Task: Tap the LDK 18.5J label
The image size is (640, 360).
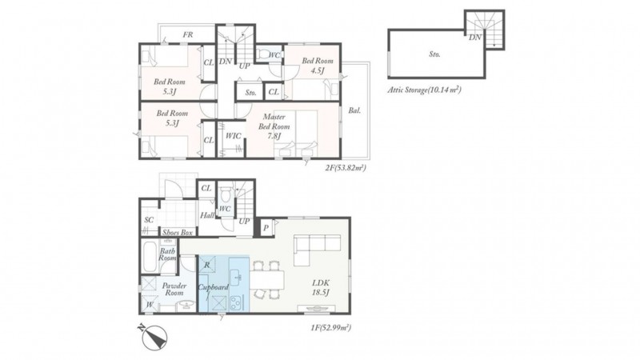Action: pos(321,287)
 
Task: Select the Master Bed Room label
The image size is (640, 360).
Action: pos(274,126)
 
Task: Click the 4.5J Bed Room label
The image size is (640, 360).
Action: pos(318,66)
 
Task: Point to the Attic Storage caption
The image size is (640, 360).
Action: pos(425,90)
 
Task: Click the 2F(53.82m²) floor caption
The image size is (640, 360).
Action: pos(346,167)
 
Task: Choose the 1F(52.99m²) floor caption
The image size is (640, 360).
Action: pos(330,327)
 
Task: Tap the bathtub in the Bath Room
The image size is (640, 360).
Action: pos(150,257)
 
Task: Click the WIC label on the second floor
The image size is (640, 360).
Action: pos(233,135)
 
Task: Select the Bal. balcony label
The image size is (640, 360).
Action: pos(354,110)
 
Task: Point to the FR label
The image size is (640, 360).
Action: pos(188,34)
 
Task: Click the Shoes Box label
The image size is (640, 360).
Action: pos(178,232)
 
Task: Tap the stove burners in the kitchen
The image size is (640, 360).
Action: pos(237,303)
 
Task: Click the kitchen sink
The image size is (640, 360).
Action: pos(236,279)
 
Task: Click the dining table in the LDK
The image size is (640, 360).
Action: pos(267,280)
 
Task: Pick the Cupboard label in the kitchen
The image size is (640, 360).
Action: pos(213,287)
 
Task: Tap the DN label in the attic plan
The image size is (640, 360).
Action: pos(475,38)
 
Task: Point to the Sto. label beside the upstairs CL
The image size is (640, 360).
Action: pos(250,93)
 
